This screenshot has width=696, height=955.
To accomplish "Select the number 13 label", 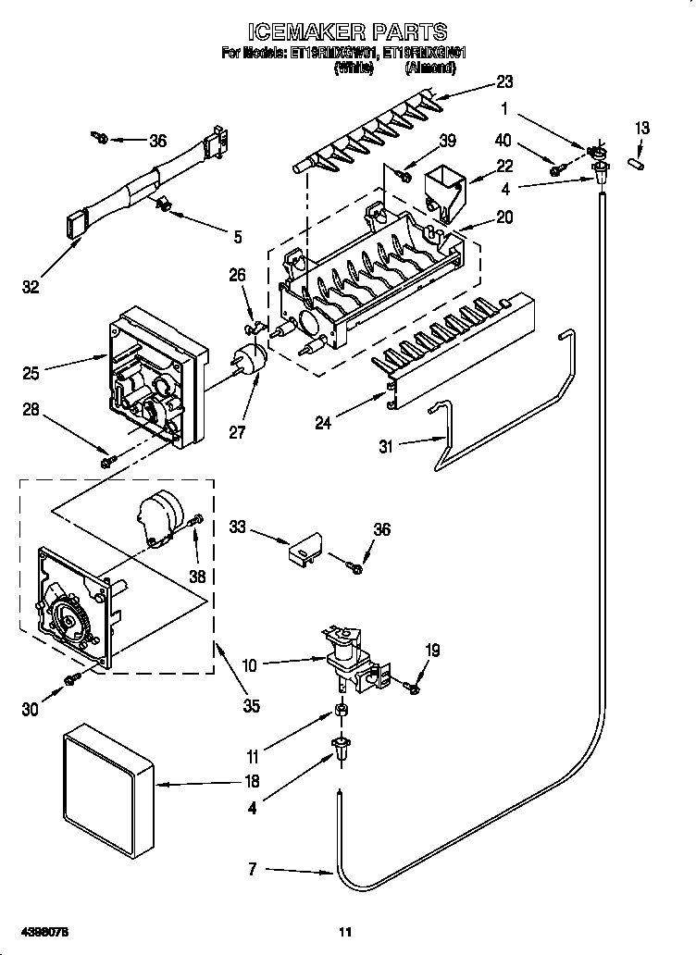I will coord(641,128).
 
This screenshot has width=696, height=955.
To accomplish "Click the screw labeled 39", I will coord(404,173).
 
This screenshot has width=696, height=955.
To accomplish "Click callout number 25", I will coord(31,373).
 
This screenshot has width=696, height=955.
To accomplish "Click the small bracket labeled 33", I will coord(301,551).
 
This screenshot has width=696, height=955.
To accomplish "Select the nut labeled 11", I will coord(342,712).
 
